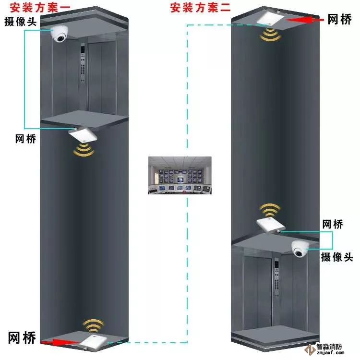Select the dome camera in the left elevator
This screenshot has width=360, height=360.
tap(61, 35)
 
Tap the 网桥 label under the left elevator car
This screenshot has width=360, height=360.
tap(25, 139)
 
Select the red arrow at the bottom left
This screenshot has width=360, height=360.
tap(60, 342)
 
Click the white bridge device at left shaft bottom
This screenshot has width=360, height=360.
tap(95, 341)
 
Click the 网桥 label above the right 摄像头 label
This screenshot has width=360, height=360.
tap(332, 224)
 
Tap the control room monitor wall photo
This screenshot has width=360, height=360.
tap(179, 175)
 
